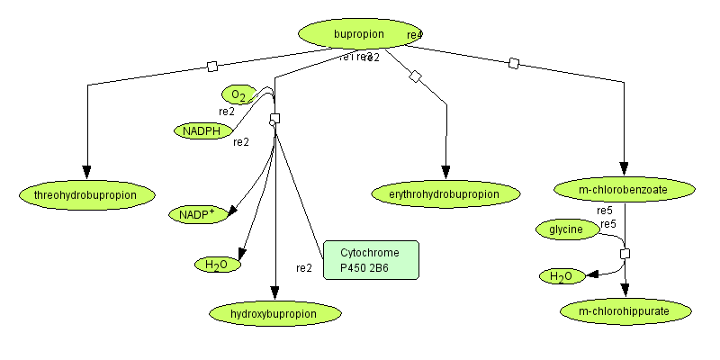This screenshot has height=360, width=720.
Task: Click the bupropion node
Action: [359, 34]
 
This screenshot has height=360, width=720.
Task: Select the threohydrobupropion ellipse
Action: [87, 193]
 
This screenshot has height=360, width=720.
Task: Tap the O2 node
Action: [238, 94]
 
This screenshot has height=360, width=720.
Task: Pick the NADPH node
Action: [202, 130]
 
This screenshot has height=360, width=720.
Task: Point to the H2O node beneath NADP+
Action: [217, 265]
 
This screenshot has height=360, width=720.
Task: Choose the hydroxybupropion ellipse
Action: [274, 313]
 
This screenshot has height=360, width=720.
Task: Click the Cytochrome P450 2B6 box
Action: [370, 260]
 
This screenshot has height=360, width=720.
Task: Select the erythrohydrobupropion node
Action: [446, 193]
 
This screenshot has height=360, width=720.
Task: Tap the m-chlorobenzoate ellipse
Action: [625, 189]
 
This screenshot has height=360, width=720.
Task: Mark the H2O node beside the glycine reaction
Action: [562, 276]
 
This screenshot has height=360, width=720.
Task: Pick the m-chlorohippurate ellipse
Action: [625, 311]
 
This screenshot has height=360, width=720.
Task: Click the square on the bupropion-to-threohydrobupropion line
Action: [212, 67]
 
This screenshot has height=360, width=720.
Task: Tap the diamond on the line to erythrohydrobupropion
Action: [415, 76]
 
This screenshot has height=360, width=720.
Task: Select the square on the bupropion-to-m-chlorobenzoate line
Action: [514, 63]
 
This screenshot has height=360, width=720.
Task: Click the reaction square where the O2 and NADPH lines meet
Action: [275, 119]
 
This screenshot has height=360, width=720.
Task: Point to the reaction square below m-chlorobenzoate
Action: [625, 254]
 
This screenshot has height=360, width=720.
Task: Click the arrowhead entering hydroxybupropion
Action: [274, 295]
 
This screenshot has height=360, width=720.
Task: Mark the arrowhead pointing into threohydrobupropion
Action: [87, 174]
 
